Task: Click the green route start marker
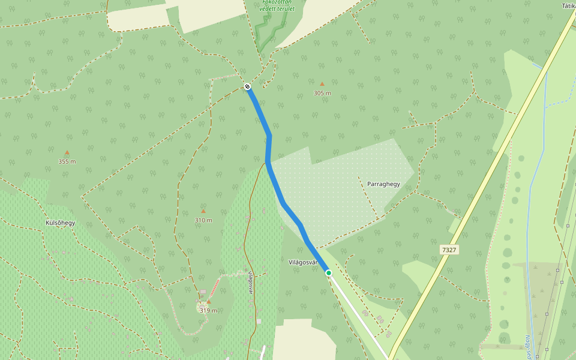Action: (x=329, y=273)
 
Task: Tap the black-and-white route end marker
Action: (x=247, y=87)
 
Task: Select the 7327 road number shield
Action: (x=449, y=250)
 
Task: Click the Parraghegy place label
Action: (x=383, y=184)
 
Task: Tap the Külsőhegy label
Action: (x=61, y=223)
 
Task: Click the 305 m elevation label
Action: (x=322, y=93)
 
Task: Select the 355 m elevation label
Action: (x=67, y=161)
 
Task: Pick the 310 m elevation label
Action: (x=203, y=220)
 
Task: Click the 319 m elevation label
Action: (x=208, y=310)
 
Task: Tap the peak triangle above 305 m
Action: (x=322, y=84)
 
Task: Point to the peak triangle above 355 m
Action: (x=67, y=152)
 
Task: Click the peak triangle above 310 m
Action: (x=203, y=211)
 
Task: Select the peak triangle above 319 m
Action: (x=208, y=302)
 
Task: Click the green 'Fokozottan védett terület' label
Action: (x=277, y=5)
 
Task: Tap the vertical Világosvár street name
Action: (x=250, y=282)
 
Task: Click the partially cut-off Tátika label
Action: (x=568, y=5)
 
